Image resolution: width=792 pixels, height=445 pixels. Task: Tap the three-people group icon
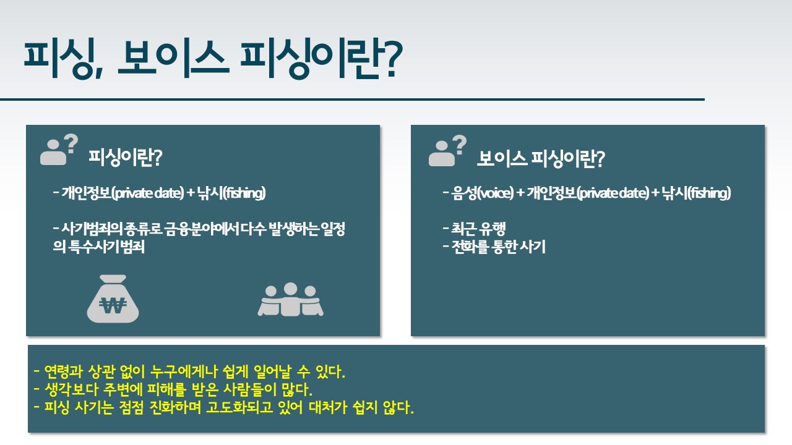(x=290, y=299)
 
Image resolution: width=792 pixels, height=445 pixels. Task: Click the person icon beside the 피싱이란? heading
(x=59, y=150)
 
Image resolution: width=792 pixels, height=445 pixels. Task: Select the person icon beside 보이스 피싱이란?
(x=447, y=151)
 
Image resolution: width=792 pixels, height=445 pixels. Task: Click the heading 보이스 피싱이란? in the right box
(x=541, y=159)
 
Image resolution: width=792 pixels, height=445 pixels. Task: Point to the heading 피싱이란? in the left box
(x=125, y=158)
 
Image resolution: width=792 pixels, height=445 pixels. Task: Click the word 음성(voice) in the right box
(x=483, y=193)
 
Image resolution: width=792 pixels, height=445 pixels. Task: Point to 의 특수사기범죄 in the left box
(x=98, y=247)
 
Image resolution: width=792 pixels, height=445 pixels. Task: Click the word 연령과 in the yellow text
(x=64, y=371)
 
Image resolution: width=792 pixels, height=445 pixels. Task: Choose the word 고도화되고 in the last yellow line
(x=239, y=407)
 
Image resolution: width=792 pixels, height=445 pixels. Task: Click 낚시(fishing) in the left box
(x=231, y=193)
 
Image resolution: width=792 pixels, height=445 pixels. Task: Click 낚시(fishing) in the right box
(x=697, y=193)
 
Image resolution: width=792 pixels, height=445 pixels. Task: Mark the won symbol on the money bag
(x=113, y=305)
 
